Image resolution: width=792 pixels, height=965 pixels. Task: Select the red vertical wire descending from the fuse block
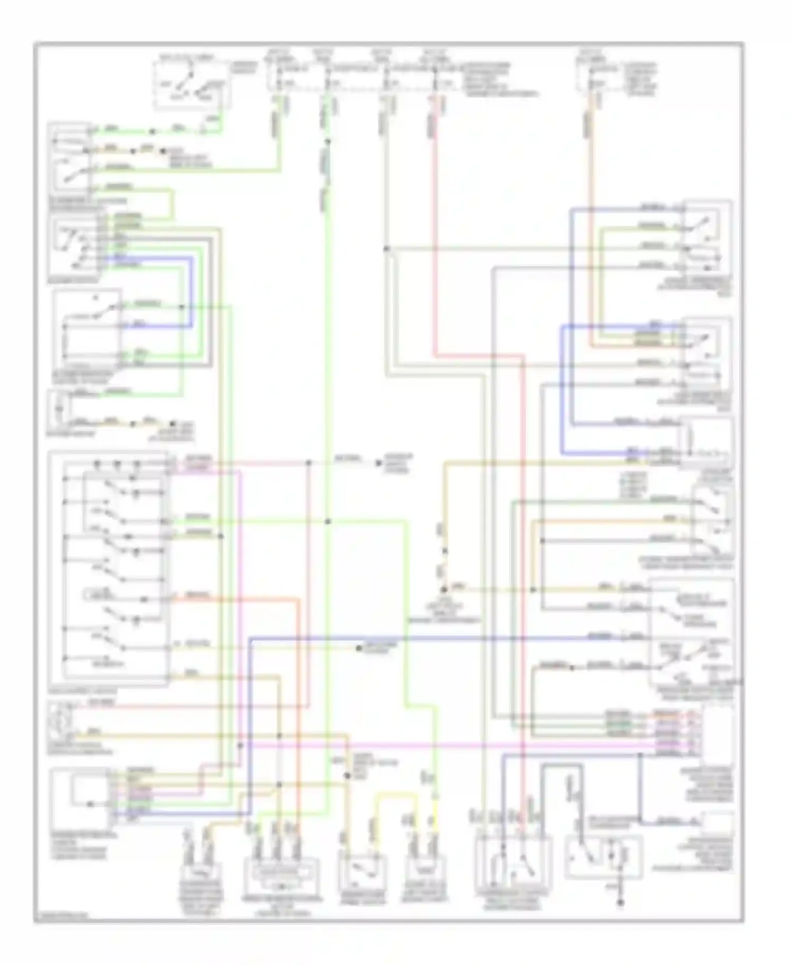click(435, 222)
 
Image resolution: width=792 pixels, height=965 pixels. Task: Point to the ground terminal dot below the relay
click(621, 903)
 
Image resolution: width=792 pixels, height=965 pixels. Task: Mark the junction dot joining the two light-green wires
click(328, 522)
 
